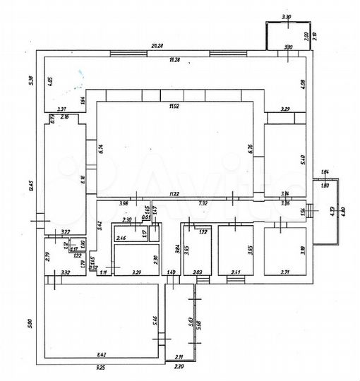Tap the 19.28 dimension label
[x=170, y=60]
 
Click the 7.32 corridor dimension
[x=202, y=204]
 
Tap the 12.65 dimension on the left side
[x=31, y=186]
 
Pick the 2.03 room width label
[x=197, y=272]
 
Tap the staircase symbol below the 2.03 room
[x=203, y=280]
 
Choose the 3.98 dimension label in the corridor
[x=124, y=204]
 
